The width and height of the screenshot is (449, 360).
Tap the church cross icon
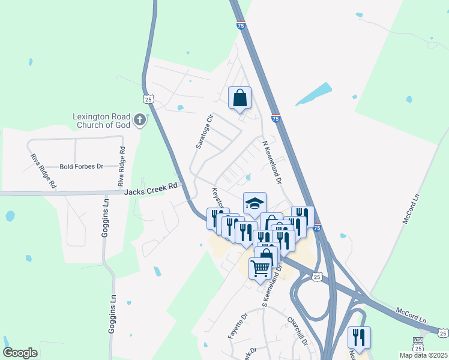click(x=140, y=119)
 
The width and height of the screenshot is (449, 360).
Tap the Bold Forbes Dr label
click(x=82, y=166)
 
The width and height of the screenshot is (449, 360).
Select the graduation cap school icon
click(x=254, y=203)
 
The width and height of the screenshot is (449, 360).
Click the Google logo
click(x=20, y=353)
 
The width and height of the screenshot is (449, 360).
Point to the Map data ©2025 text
click(x=424, y=355)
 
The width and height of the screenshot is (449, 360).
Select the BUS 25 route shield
click(x=418, y=344)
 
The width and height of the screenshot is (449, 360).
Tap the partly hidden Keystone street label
click(x=217, y=198)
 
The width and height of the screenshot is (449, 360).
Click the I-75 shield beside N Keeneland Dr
click(x=276, y=118)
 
